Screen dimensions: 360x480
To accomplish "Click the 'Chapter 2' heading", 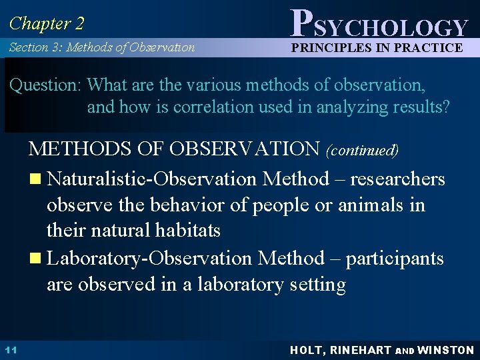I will pos(47,24).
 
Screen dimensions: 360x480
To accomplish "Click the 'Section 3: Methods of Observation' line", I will pos(102,47).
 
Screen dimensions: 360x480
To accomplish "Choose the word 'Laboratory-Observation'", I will pos(151,258).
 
